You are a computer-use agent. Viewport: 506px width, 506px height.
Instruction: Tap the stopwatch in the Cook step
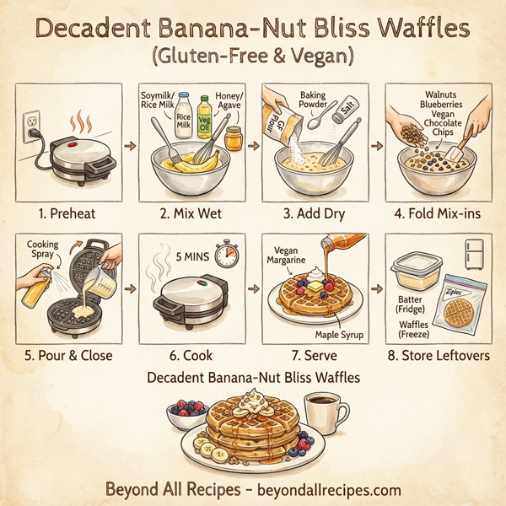point(223,256)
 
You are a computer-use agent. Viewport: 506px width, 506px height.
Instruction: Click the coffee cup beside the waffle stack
point(324,414)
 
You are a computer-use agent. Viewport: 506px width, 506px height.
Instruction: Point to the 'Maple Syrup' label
point(338,336)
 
